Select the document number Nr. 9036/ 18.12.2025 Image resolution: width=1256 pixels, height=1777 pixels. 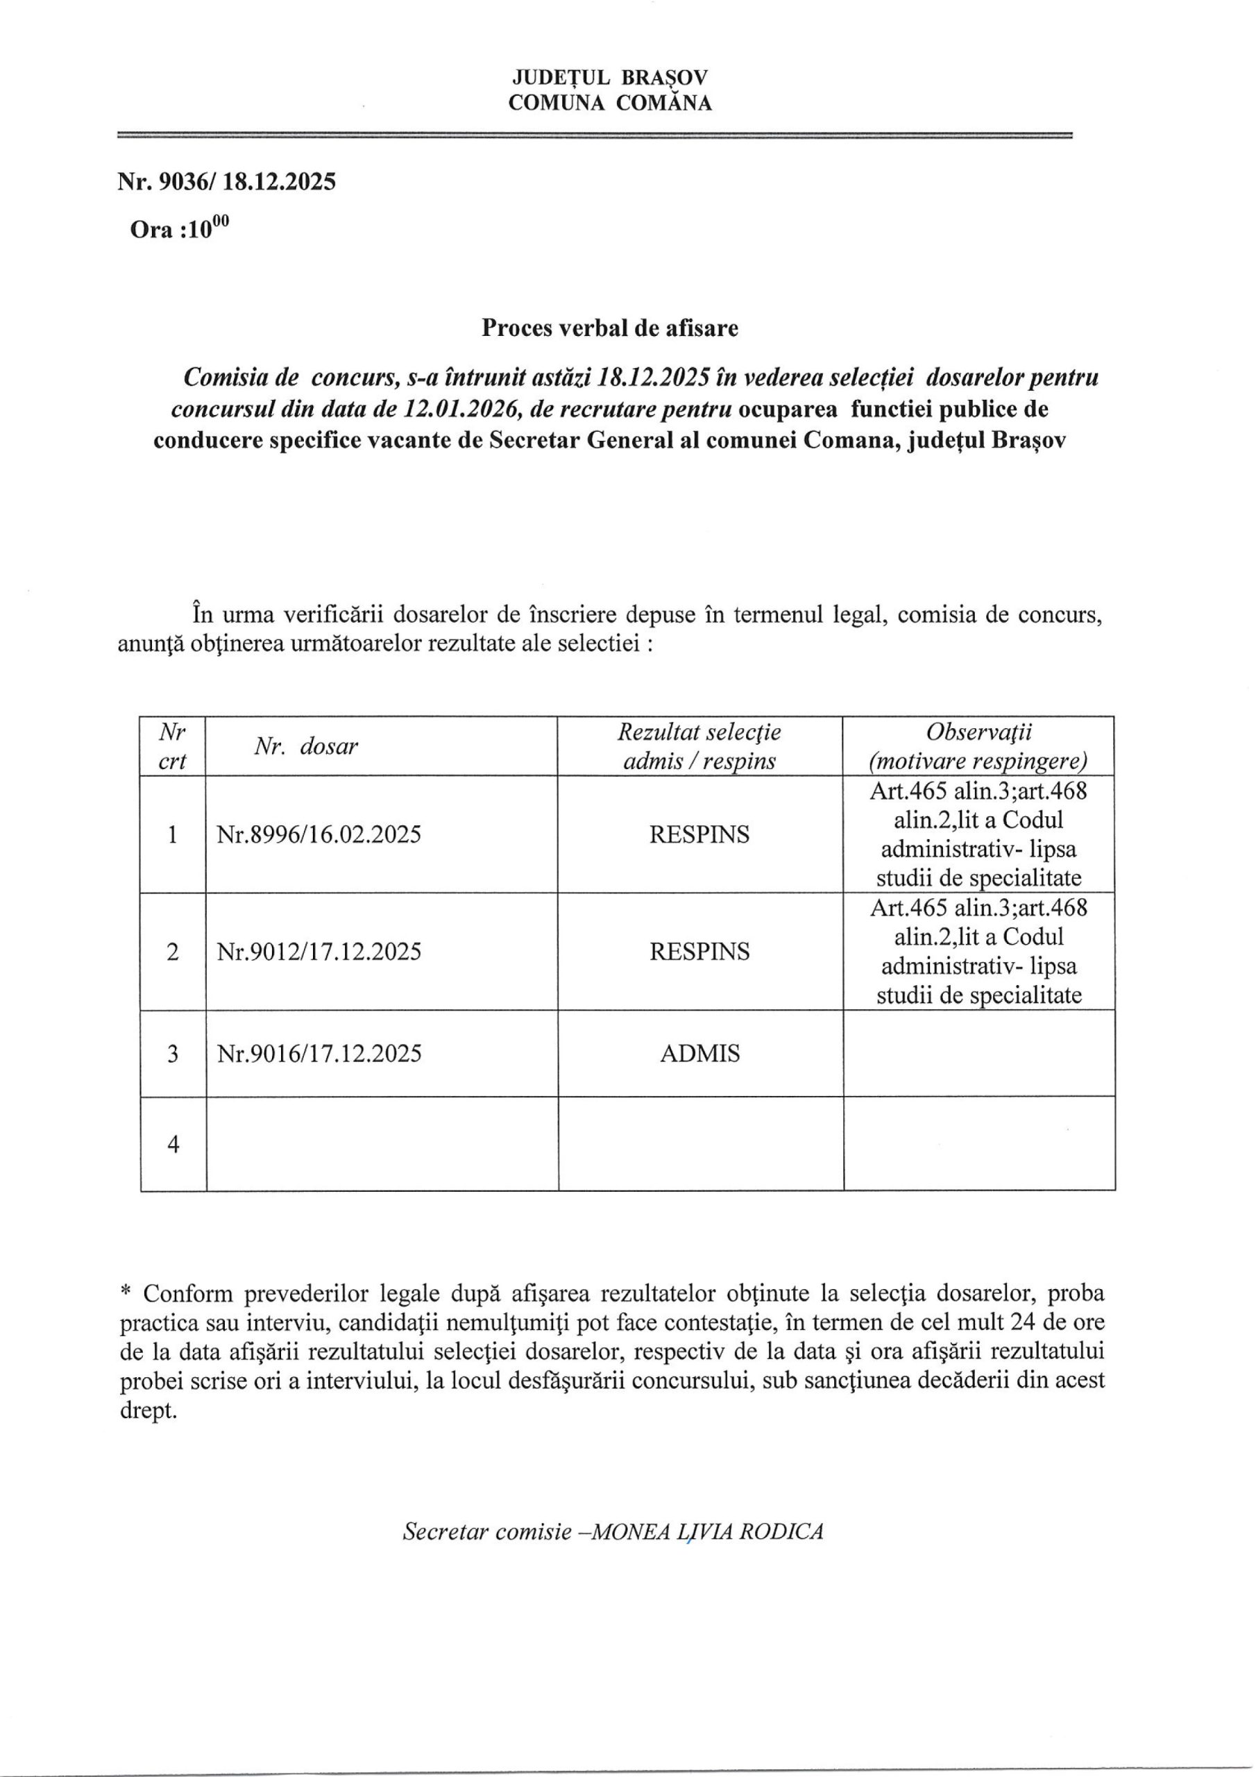point(227,182)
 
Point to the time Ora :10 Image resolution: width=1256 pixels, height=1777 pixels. point(180,229)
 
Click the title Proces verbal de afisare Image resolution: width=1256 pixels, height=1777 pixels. point(610,328)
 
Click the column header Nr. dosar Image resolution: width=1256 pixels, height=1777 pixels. point(306,747)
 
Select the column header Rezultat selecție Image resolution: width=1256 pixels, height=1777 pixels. point(699,732)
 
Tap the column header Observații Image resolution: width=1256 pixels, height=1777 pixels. point(978,732)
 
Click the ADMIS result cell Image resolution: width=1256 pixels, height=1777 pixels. point(699,1053)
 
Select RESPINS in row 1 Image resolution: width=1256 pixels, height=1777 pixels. point(699,835)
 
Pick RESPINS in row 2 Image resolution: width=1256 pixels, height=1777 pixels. point(699,951)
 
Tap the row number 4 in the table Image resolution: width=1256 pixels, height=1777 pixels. point(173,1145)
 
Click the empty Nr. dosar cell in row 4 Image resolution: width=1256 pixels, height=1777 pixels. point(382,1145)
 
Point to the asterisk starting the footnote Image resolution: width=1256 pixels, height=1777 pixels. point(126,1293)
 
